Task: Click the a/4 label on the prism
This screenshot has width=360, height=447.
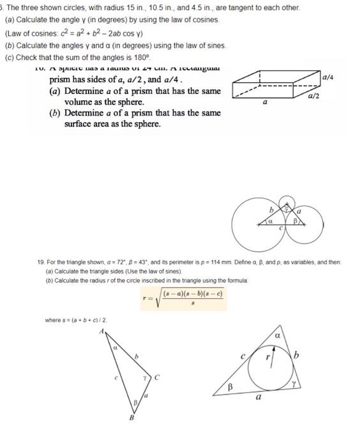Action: pos(327,77)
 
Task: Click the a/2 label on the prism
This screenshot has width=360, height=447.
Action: pos(313,96)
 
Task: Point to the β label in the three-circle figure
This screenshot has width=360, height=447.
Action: pos(296,222)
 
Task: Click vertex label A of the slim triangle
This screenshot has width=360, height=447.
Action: pos(100,330)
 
